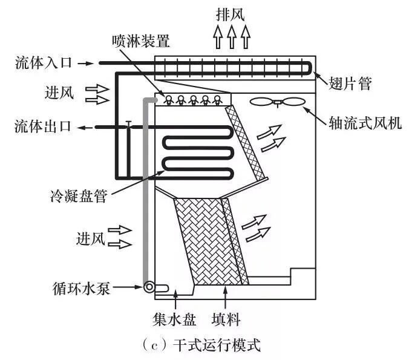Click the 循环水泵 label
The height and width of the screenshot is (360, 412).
coord(83,288)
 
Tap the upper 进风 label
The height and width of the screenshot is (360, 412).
coord(59,93)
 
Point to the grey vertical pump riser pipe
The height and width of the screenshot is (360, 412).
coord(146,194)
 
